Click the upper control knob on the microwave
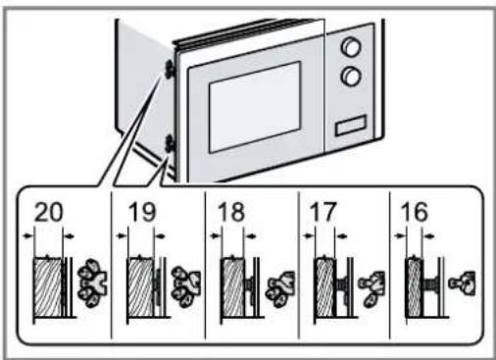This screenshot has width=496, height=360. (351, 47)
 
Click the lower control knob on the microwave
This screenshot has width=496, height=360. (351, 77)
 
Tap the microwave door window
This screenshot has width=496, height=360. (255, 107)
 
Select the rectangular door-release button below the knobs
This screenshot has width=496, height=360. (351, 126)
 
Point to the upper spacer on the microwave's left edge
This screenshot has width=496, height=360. (170, 69)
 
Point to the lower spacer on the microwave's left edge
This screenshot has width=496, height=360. (171, 144)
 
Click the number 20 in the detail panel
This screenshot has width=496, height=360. (48, 212)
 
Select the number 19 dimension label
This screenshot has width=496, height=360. (141, 212)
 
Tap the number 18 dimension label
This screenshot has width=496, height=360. (231, 212)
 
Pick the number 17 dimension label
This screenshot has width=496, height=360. (322, 212)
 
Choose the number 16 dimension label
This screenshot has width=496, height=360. (415, 212)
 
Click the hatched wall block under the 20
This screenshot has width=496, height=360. (47, 287)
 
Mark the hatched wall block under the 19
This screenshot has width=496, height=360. (140, 287)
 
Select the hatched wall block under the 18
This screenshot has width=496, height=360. (232, 287)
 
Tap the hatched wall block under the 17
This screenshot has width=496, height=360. (324, 287)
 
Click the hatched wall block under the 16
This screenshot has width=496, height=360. (414, 287)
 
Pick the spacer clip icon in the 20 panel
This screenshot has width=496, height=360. (91, 283)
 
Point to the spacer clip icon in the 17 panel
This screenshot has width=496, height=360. (372, 287)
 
